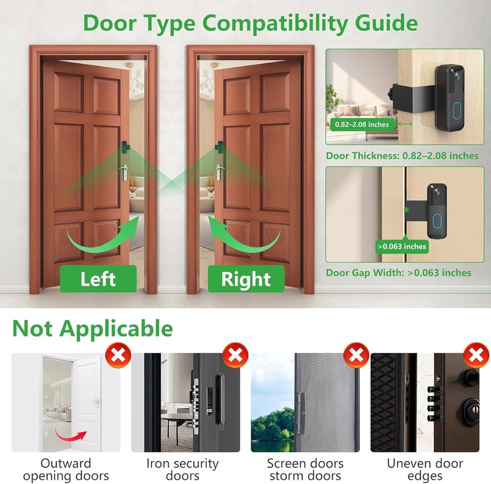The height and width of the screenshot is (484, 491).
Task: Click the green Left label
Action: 98,279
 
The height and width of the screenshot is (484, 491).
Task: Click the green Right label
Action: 245,279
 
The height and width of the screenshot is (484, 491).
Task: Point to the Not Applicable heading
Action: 92,329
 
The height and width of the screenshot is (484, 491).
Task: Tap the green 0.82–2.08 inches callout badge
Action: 362,124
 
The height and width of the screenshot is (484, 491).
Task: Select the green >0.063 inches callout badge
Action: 402,246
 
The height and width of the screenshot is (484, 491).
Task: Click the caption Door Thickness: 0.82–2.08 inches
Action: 402,155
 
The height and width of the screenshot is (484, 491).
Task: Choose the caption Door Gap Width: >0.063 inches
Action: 398,273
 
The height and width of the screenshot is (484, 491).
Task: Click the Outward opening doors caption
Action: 66,469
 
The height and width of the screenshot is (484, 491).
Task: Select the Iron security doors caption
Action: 182,469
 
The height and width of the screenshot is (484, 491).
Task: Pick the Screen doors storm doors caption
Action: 305,469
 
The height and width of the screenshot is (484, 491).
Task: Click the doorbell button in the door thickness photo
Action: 456,110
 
